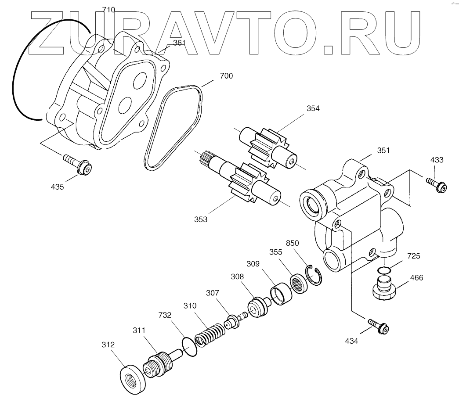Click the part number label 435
coord(57,187)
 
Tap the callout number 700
coord(226,76)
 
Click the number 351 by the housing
coord(383,150)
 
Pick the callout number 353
coord(200,219)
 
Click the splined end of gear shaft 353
coord(205,158)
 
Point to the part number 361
coord(179,43)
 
